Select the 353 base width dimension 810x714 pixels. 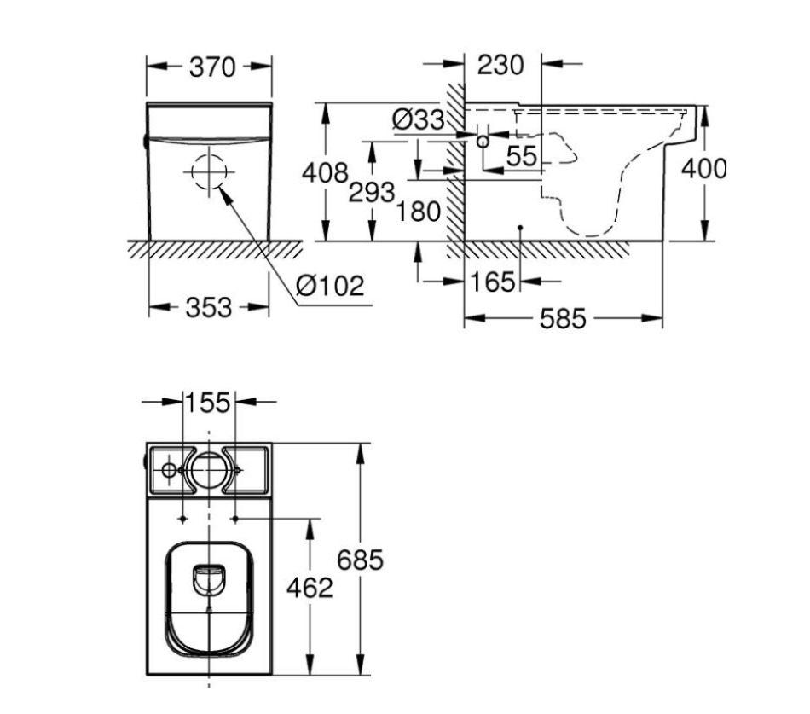click(208, 308)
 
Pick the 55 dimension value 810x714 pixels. click(521, 156)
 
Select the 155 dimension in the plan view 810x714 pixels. click(210, 402)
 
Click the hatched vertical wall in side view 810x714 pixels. click(456, 171)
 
